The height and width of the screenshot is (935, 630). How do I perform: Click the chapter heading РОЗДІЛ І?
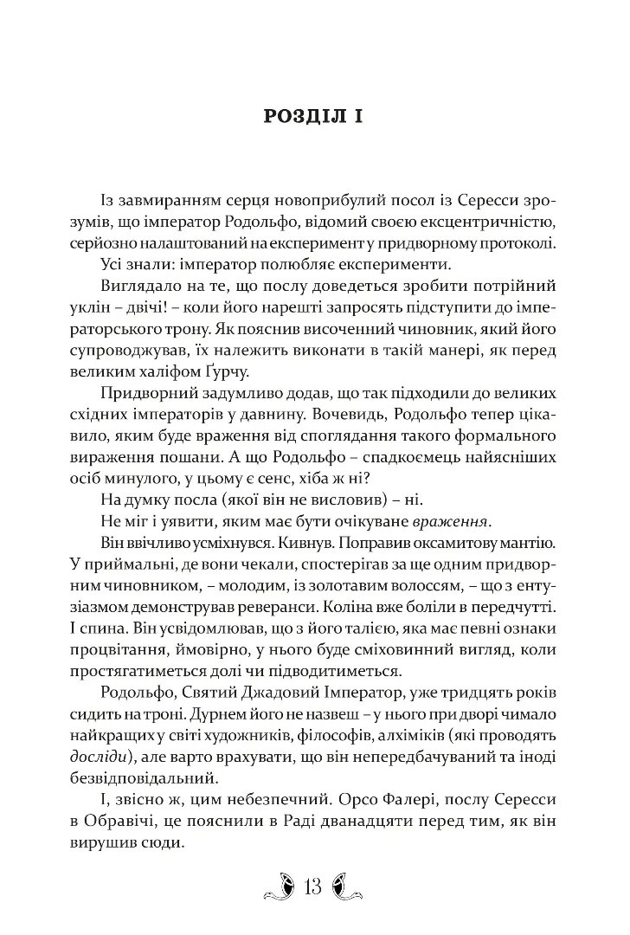312,117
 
